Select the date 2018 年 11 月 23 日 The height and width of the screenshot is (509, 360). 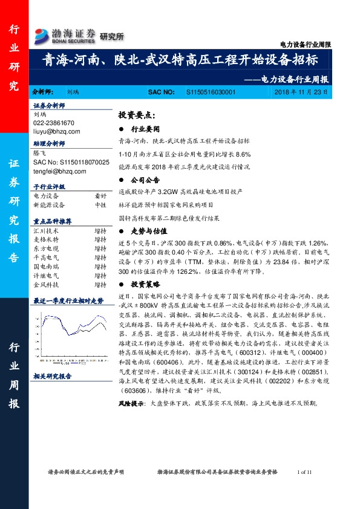click(300, 92)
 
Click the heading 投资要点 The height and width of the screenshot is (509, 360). click(137, 115)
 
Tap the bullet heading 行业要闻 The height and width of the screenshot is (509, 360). click(145, 129)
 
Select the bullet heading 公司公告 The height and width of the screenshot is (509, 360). click(145, 180)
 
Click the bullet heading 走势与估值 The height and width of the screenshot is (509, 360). click(148, 230)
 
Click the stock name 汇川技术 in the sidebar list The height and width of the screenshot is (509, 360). click(46, 230)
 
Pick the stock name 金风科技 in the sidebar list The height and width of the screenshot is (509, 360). click(46, 284)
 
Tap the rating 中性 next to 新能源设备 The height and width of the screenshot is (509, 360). click(100, 204)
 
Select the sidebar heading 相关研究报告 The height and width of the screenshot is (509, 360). click(52, 376)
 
